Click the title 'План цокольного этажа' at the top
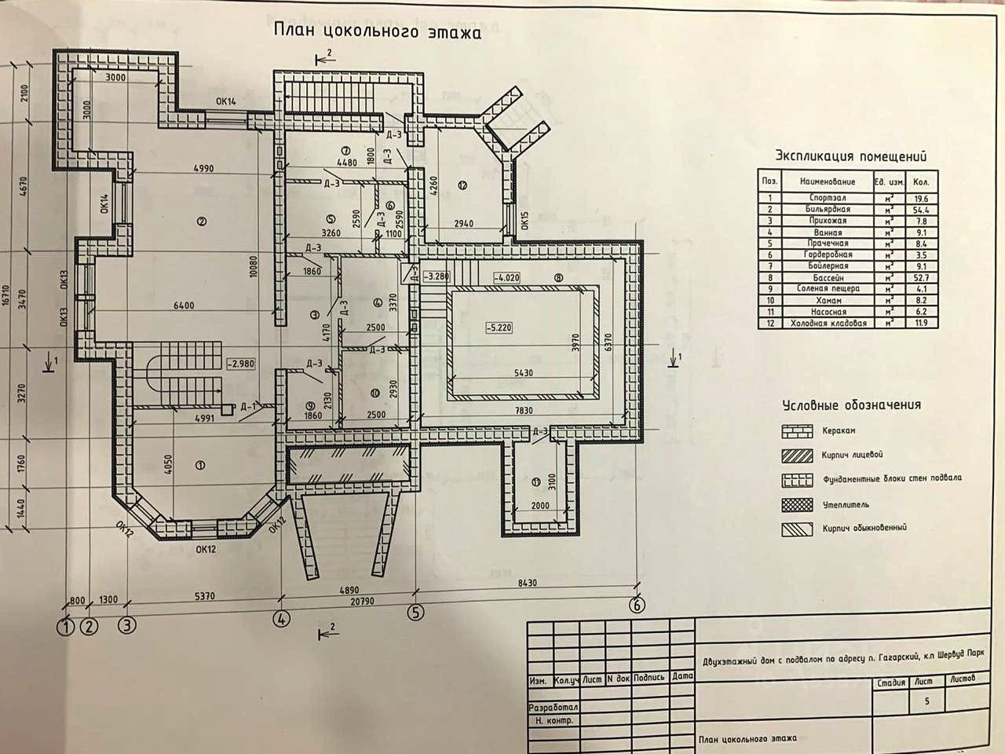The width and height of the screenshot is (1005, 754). click(375, 31)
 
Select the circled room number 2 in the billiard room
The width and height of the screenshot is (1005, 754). click(202, 221)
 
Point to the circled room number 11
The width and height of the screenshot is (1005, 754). click(535, 481)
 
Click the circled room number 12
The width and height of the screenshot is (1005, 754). click(462, 185)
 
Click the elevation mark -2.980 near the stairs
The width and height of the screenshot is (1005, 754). click(241, 364)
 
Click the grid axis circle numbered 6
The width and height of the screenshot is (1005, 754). click(637, 606)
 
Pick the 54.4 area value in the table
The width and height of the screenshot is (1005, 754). click(916, 210)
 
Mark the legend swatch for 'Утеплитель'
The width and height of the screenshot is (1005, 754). click(797, 503)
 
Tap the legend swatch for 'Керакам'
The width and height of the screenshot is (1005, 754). click(797, 431)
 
